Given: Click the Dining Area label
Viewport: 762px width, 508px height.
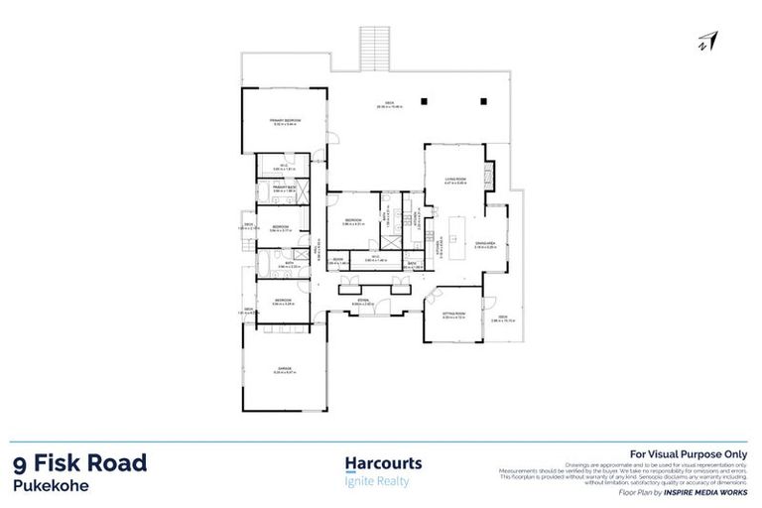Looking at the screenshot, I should point(485,243).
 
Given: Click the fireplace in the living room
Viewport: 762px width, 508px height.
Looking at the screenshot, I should point(488,179).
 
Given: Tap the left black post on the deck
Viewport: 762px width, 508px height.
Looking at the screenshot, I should point(424,100).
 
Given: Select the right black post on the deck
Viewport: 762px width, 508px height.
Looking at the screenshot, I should point(483,100).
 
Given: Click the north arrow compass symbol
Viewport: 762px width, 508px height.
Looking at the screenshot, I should point(708,41).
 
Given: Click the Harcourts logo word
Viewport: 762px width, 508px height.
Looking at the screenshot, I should point(383,463).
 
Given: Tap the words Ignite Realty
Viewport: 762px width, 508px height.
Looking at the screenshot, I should point(376,481).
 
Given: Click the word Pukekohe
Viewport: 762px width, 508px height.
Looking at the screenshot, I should point(52,486).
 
